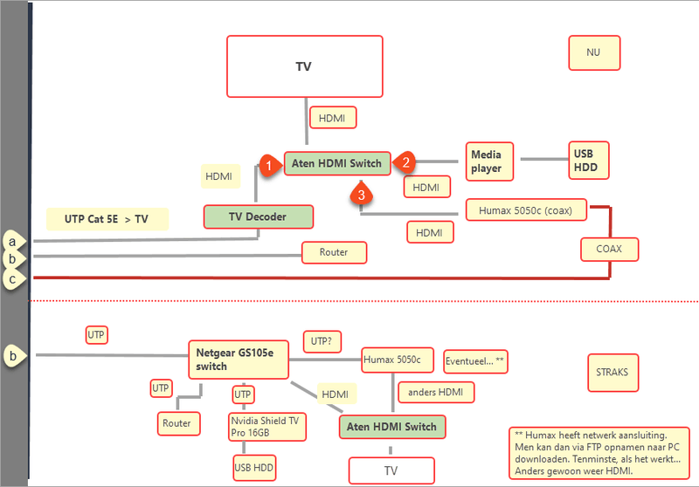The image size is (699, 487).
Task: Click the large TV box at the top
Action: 304,66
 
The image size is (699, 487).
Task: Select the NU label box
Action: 593,52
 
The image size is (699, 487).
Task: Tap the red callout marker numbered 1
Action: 271,163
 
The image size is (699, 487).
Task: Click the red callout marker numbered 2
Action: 405,161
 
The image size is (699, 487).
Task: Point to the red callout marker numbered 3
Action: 362,194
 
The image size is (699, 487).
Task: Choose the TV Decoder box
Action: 258,216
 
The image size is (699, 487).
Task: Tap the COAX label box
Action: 609,249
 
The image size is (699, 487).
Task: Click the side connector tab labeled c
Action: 13,279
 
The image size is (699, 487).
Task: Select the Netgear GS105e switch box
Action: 238,359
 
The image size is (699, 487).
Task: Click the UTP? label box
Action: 322,341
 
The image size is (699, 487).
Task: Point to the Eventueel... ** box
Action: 475,360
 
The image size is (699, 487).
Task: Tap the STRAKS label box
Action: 613,372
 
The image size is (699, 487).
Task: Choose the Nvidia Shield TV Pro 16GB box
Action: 265,427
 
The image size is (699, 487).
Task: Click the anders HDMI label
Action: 436,392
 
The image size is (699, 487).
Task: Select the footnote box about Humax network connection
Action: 599,450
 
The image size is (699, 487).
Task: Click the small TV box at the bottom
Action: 391,470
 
